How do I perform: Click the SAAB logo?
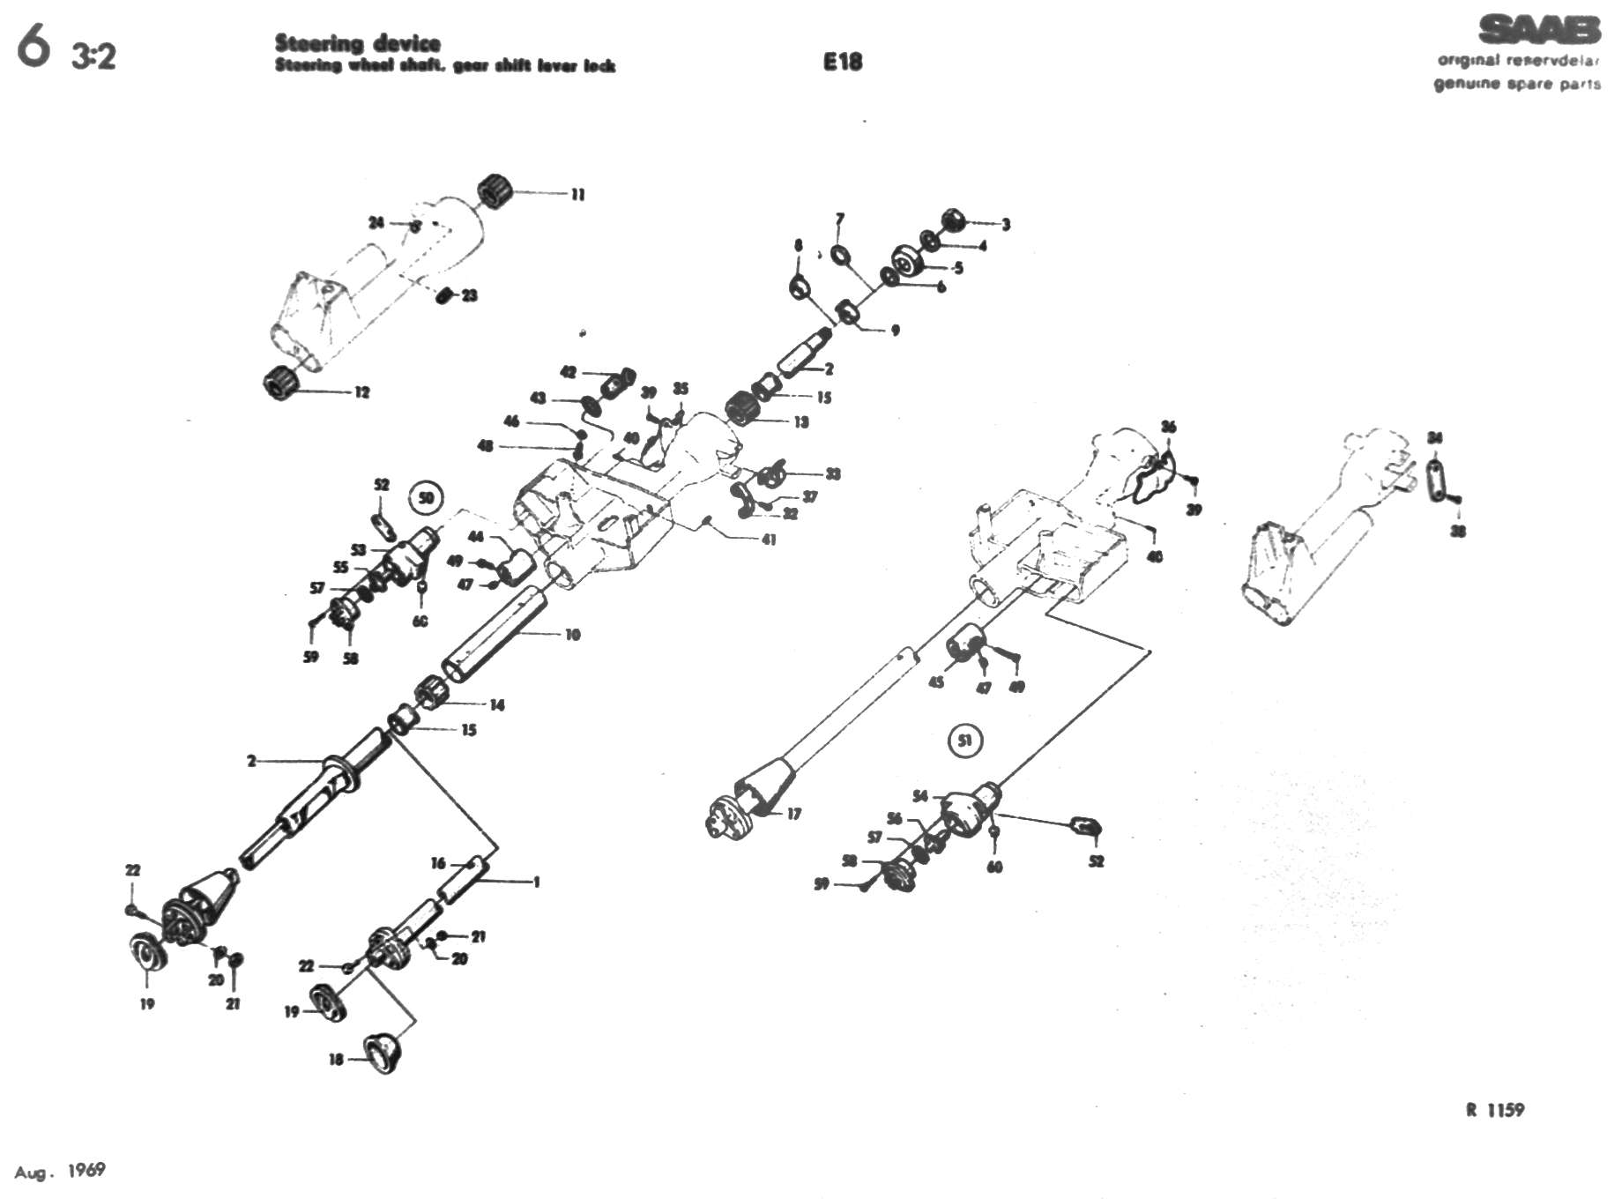click(x=1539, y=30)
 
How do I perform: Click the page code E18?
click(x=842, y=62)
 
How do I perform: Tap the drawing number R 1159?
click(x=1495, y=1110)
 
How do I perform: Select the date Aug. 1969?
click(x=60, y=1171)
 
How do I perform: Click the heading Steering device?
click(x=357, y=42)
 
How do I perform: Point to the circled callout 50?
click(x=427, y=498)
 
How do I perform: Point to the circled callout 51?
click(x=965, y=741)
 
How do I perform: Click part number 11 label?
click(x=578, y=194)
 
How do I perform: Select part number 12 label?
click(x=362, y=392)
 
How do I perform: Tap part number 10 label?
click(x=573, y=634)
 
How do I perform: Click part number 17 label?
click(x=794, y=814)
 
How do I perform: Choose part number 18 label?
click(x=336, y=1059)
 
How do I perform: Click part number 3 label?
click(x=1006, y=224)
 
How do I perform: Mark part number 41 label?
click(x=769, y=539)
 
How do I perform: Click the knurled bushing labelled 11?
click(x=496, y=191)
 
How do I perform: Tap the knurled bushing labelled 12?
click(x=282, y=382)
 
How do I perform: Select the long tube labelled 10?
click(x=494, y=633)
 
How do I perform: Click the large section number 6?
click(x=33, y=46)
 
